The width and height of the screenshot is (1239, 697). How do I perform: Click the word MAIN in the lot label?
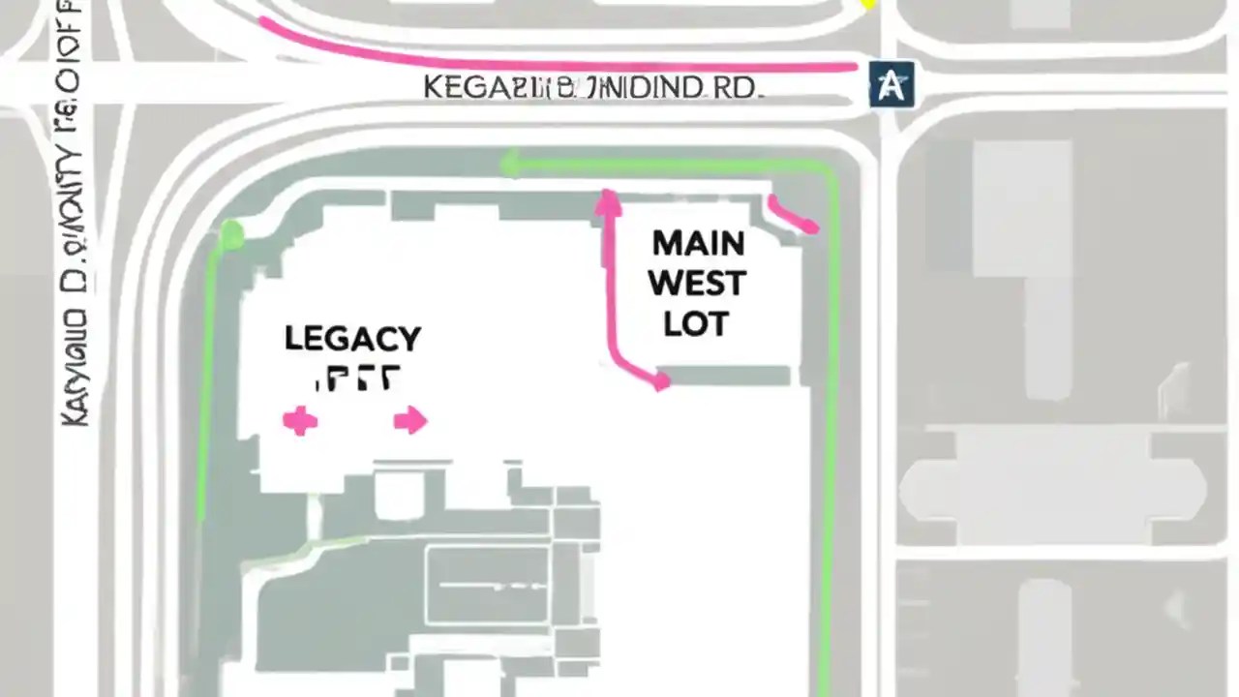pyautogui.click(x=697, y=241)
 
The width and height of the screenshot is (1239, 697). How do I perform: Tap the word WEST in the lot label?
pyautogui.click(x=697, y=284)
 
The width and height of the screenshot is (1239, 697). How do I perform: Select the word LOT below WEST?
pyautogui.click(x=696, y=324)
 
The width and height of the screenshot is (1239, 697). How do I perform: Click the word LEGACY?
pyautogui.click(x=352, y=339)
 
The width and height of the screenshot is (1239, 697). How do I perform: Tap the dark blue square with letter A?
pyautogui.click(x=891, y=84)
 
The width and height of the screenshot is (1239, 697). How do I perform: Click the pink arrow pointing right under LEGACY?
pyautogui.click(x=410, y=420)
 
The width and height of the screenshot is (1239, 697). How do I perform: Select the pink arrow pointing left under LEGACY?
pyautogui.click(x=299, y=421)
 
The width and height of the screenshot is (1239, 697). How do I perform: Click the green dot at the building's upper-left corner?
pyautogui.click(x=231, y=233)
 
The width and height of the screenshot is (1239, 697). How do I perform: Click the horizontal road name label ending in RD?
pyautogui.click(x=593, y=87)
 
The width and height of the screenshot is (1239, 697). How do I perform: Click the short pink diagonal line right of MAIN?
pyautogui.click(x=794, y=216)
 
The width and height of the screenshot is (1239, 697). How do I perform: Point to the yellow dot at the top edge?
pyautogui.click(x=868, y=4)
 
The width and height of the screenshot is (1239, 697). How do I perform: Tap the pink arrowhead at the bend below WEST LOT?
pyautogui.click(x=660, y=380)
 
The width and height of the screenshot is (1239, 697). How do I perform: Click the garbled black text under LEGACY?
pyautogui.click(x=356, y=379)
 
